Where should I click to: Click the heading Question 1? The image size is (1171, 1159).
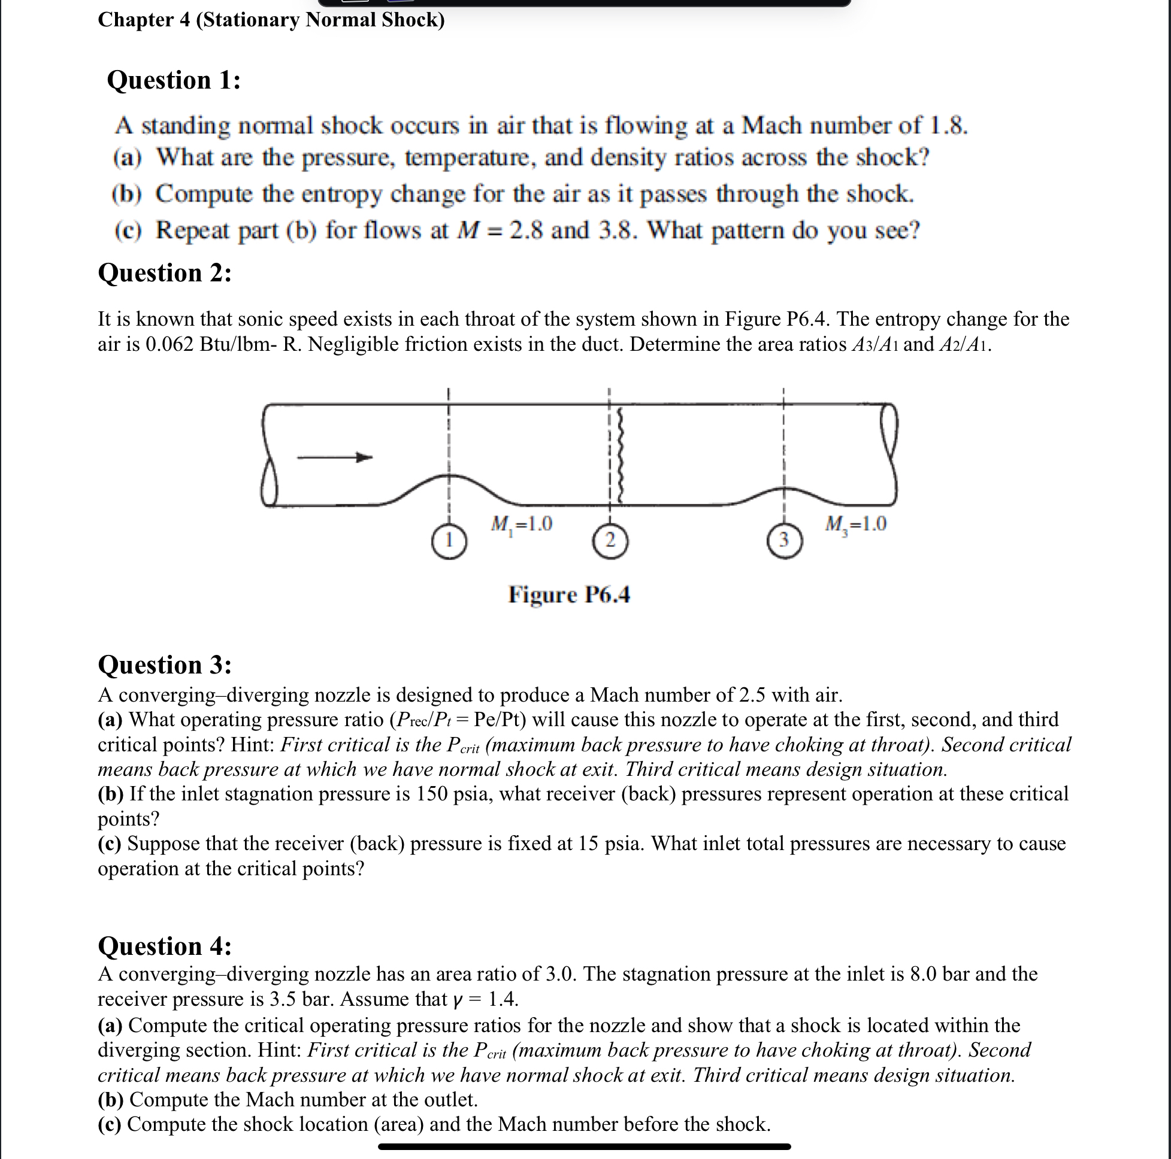click(x=174, y=81)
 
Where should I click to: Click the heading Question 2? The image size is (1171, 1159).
click(x=165, y=273)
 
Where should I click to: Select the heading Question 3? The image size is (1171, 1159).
click(x=165, y=665)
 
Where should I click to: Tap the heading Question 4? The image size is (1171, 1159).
click(x=165, y=946)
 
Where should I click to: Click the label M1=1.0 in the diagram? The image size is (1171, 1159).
click(x=521, y=524)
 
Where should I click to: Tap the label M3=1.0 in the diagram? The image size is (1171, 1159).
click(x=856, y=524)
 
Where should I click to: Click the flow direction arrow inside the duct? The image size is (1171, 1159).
click(x=334, y=458)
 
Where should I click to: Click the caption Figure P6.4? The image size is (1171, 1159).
click(x=569, y=596)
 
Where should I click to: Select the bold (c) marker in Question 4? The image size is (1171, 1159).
click(x=110, y=1125)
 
